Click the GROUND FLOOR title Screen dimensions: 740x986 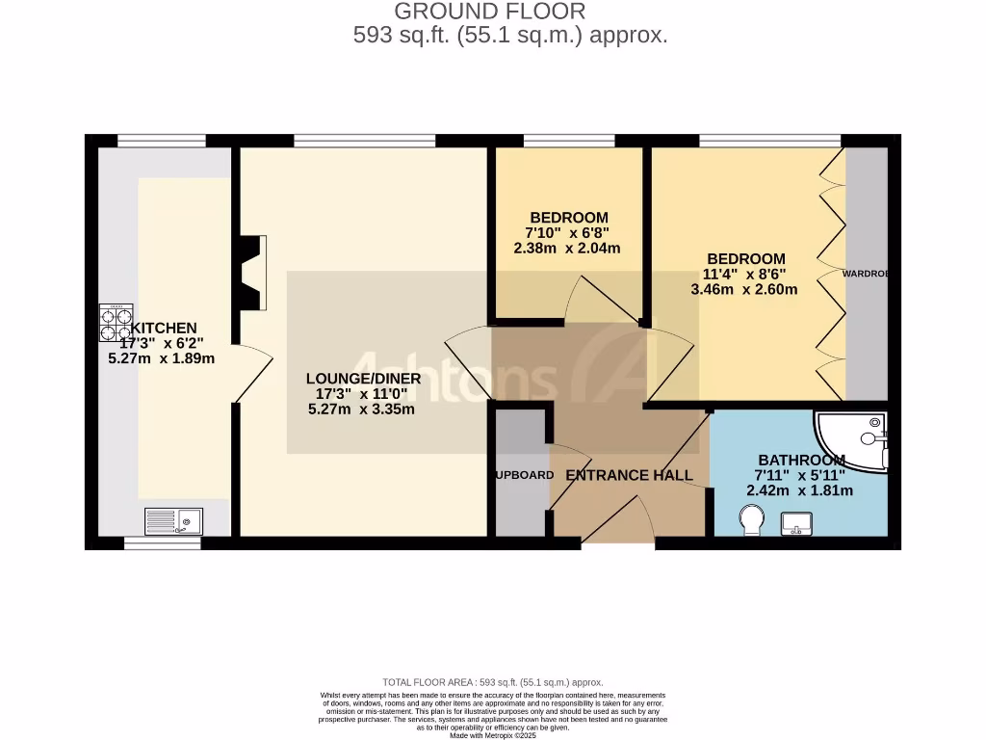(x=490, y=12)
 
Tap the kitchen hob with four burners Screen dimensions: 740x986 (x=117, y=323)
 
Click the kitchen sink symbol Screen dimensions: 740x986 (x=174, y=521)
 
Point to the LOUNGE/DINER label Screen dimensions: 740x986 (x=364, y=379)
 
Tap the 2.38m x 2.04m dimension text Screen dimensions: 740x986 (x=567, y=248)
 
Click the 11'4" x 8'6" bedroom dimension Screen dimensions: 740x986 (x=744, y=274)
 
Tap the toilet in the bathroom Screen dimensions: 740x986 (x=750, y=521)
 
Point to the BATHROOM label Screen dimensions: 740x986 (x=801, y=460)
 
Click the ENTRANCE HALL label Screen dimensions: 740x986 (x=629, y=475)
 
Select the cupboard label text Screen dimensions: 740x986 (x=524, y=475)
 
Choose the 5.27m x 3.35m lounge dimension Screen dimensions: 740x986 (x=361, y=409)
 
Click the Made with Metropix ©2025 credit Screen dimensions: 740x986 (x=493, y=735)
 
